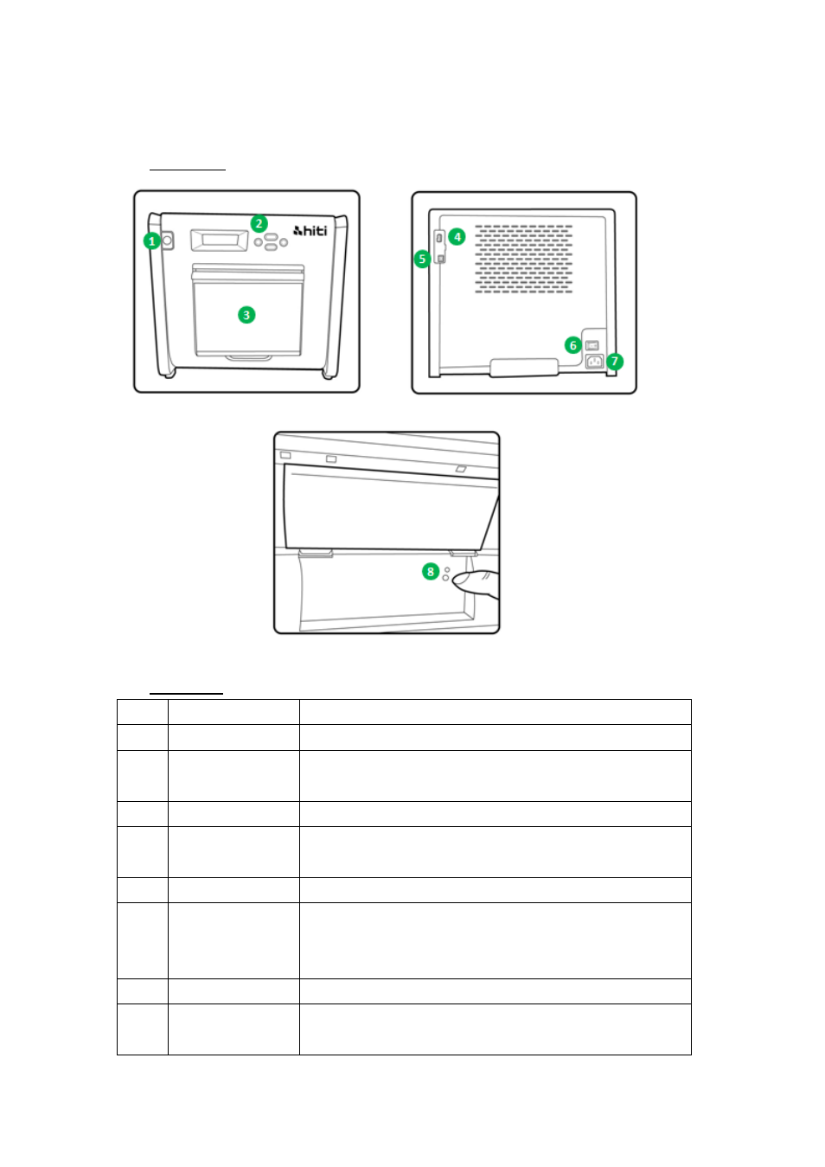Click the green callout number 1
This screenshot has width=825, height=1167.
[x=151, y=241]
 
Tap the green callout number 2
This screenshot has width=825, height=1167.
[x=259, y=223]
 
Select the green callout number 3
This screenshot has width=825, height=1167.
[x=246, y=315]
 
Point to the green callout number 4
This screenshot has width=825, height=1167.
[x=457, y=237]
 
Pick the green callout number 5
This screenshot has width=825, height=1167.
[x=422, y=259]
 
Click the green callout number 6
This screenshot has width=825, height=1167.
[x=572, y=345]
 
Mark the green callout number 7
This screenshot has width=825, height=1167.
[x=615, y=361]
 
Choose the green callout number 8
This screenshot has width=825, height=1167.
[x=430, y=572]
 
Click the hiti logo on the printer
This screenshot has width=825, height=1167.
[x=310, y=230]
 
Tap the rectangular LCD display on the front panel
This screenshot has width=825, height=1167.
[x=220, y=240]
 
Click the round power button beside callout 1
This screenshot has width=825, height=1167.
[x=167, y=240]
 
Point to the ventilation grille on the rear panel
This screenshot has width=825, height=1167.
[x=523, y=259]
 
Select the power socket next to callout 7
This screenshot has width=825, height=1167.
[x=595, y=361]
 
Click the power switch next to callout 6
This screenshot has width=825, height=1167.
[x=592, y=345]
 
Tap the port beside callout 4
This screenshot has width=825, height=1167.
[x=439, y=238]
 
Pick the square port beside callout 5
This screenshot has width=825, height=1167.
[x=441, y=259]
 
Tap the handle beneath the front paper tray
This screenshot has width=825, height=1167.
[x=248, y=358]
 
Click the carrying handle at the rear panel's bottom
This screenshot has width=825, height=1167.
[x=524, y=367]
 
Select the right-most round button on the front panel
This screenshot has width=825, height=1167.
[x=284, y=242]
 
